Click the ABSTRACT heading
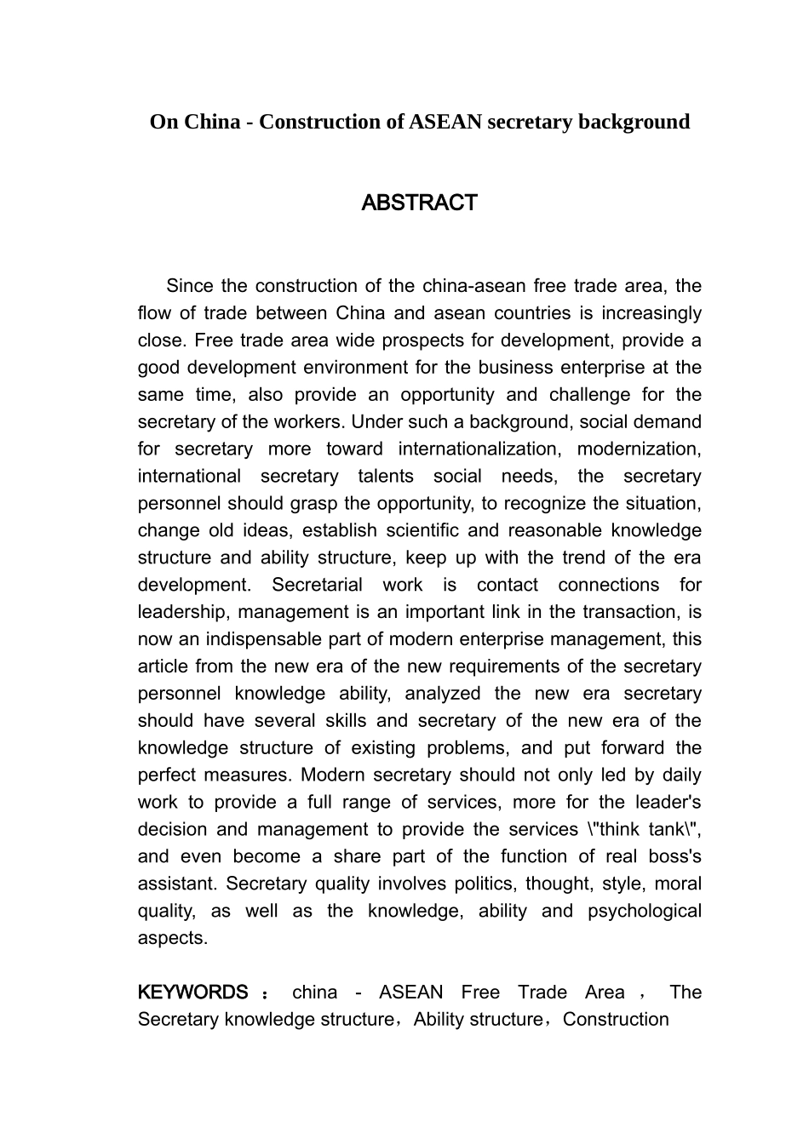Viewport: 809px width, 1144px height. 419,203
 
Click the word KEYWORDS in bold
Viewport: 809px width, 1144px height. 192,992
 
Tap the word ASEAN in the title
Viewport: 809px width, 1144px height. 445,122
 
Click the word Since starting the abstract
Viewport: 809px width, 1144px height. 190,286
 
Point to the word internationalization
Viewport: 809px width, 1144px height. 477,449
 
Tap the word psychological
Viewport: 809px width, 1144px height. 645,911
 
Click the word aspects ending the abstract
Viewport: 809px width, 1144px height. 172,938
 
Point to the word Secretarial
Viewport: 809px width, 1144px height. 317,585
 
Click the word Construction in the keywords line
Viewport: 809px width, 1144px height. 616,1020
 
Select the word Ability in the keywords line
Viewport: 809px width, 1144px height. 435,1020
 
